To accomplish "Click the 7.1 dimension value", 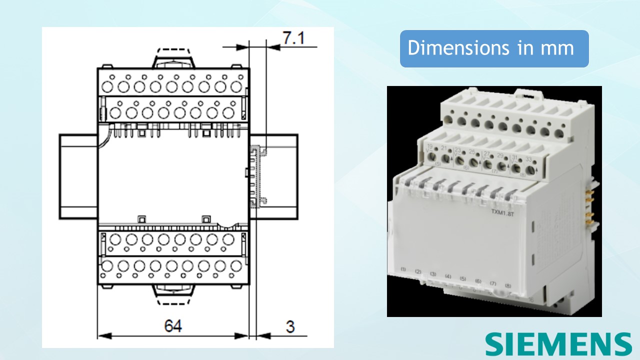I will click(x=293, y=38).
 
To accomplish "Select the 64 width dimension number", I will click(x=173, y=326).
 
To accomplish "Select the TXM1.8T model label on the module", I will click(x=501, y=212).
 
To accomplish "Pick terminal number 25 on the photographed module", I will click(x=471, y=151).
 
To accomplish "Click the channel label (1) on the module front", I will click(x=403, y=269).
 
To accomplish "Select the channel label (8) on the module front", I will click(x=507, y=285).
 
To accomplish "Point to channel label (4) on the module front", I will click(x=448, y=276).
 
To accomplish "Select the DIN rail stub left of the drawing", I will click(x=78, y=176).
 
